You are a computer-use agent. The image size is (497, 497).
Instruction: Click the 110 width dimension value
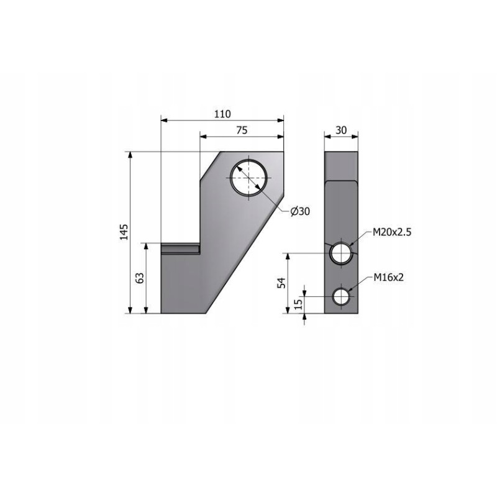tap(222, 114)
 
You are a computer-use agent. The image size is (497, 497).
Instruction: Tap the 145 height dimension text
tap(124, 231)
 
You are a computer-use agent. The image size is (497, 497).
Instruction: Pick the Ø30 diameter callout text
tap(300, 211)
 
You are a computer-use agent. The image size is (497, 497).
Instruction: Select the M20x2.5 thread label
tap(392, 232)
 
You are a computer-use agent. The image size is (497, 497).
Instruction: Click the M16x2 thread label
tap(389, 277)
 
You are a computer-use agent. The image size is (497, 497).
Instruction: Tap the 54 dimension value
tap(281, 283)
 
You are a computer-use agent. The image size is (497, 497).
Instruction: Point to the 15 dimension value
tap(298, 304)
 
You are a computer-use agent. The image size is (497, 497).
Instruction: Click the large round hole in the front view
tap(248, 178)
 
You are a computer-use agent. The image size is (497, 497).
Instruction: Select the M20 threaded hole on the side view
tap(340, 253)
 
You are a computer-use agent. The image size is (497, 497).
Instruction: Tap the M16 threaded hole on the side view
tap(340, 297)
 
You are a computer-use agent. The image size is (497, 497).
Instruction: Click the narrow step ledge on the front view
tap(180, 248)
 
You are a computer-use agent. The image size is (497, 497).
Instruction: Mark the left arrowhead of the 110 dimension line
tap(163, 120)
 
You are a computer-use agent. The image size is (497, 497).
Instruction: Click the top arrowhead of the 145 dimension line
tap(130, 155)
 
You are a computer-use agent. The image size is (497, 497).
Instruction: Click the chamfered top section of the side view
tap(340, 165)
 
